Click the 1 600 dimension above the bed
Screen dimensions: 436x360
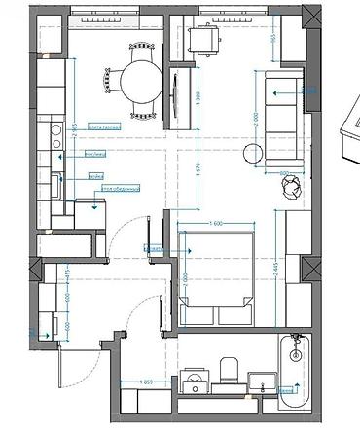pyautogui.click(x=216, y=227)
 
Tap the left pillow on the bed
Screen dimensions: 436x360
pyautogui.click(x=200, y=314)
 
